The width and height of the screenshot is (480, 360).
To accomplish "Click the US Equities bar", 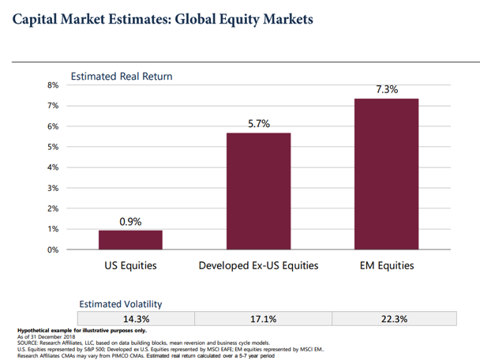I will pos(130,240).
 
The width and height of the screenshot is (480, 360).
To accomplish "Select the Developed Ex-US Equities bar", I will pos(258,191).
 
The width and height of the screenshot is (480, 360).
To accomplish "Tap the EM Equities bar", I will pos(386,174).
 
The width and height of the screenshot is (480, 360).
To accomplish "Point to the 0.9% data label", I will pos(130,222).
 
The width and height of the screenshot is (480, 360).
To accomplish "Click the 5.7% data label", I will pos(258,124).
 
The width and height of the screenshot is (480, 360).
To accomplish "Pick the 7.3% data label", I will pos(386,90).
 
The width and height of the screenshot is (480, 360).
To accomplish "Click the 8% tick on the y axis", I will pos(54,85).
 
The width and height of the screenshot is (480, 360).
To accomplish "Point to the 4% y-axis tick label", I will pos(54,167).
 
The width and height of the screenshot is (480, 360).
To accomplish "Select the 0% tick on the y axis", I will pos(54,249).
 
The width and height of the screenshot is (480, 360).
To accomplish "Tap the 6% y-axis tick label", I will pos(54,126).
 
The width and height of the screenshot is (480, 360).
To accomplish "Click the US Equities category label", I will pos(130,265).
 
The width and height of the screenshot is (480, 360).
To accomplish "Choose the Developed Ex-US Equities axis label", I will pos(258,265).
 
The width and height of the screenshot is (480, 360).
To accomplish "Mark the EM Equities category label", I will pos(386,265).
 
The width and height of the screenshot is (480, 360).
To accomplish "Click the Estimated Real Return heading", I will pos(121,77).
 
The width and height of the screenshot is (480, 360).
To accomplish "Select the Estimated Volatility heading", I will pos(121,303).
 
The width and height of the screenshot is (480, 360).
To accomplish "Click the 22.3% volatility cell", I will pos(394,318).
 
